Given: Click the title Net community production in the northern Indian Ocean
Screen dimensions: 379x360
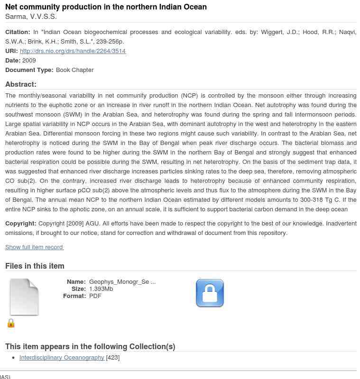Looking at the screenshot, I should (x=106, y=7).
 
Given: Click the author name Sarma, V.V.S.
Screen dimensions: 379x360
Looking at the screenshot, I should (x=31, y=17).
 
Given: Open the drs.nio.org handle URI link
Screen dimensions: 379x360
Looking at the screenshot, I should (x=73, y=51).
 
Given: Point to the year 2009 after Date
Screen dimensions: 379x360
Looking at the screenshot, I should (x=29, y=61).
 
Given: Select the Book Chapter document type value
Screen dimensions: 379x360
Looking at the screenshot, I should (x=74, y=70).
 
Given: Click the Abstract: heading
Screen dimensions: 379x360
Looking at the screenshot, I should (x=21, y=84).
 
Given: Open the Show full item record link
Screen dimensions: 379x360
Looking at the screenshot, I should (x=34, y=247).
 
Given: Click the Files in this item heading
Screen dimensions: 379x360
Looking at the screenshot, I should (x=35, y=266).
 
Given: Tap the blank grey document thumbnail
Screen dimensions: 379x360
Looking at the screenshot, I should (x=24, y=297).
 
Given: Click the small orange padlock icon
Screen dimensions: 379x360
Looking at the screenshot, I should (x=11, y=323).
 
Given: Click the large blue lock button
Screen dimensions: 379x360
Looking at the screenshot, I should (x=210, y=293).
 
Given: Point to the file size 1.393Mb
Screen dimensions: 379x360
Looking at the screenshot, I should (x=101, y=289).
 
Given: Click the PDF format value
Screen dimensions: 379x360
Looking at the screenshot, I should (x=95, y=296).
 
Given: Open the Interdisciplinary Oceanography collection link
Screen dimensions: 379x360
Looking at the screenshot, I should (x=62, y=358).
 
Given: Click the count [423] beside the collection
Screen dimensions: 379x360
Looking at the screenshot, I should (x=113, y=358).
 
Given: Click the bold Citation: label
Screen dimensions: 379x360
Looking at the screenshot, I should (x=18, y=32).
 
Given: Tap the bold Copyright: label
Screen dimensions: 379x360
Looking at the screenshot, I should (x=21, y=224).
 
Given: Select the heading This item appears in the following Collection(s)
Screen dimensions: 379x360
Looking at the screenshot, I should (x=90, y=347).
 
